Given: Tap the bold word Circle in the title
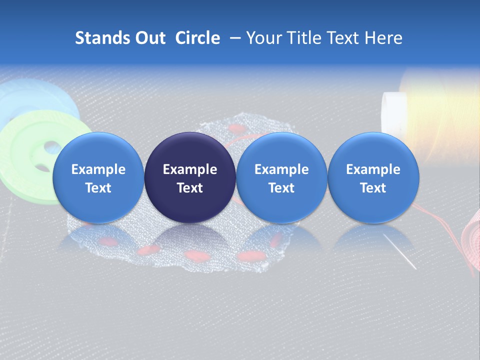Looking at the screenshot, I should coord(197,38).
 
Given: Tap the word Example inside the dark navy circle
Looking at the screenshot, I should coord(190,169).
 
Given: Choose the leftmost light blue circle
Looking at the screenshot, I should coord(98,177).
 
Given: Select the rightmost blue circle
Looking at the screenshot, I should coord(373,177).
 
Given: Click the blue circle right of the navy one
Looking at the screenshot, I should coord(281,177).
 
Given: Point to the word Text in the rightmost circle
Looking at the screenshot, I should coord(373,188).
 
